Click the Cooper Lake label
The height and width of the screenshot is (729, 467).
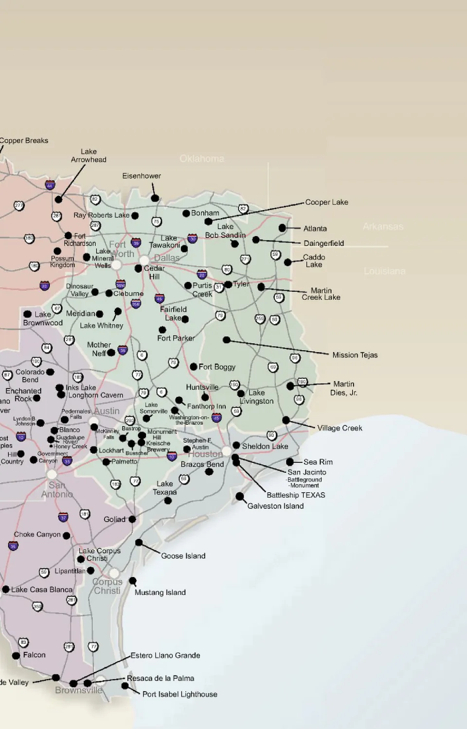(x=326, y=202)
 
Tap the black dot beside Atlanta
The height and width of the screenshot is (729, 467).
(x=282, y=228)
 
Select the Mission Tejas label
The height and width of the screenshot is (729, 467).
(x=355, y=355)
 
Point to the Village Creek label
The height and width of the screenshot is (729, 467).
(x=340, y=428)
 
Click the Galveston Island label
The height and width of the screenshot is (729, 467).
(x=275, y=506)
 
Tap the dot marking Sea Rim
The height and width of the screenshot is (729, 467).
(x=290, y=462)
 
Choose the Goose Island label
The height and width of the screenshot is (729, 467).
(x=183, y=556)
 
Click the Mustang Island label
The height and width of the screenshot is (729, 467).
(x=160, y=592)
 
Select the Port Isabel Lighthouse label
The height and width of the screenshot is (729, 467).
(x=180, y=694)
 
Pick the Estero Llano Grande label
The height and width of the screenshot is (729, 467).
(x=165, y=655)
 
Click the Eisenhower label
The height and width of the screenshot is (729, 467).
(x=141, y=176)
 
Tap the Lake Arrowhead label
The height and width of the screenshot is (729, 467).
(x=89, y=155)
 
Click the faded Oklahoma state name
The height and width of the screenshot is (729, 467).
(x=202, y=159)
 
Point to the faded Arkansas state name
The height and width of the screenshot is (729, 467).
(x=383, y=226)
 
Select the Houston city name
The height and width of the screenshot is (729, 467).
(x=205, y=454)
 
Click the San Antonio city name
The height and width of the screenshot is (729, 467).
(x=57, y=489)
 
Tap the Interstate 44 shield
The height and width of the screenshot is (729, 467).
(x=50, y=185)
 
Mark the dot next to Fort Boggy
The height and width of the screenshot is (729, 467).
(x=194, y=366)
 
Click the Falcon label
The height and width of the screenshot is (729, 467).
(x=34, y=655)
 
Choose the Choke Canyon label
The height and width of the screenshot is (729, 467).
(x=37, y=534)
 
